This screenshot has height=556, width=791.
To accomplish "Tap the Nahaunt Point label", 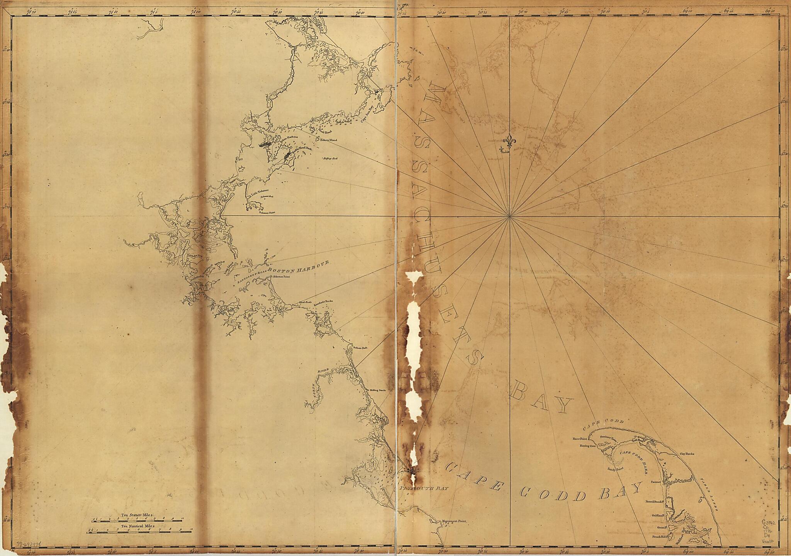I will click(x=267, y=212).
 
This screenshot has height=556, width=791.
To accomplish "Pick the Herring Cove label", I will click(x=588, y=446).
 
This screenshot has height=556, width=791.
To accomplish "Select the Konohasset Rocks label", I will click(x=323, y=302).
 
